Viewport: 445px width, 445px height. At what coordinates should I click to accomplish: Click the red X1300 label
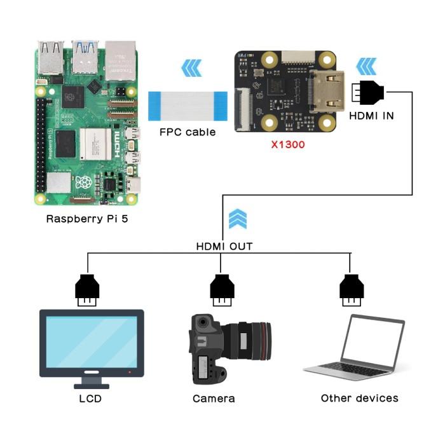[288, 144]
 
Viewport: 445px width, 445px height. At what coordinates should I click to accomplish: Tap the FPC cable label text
[188, 132]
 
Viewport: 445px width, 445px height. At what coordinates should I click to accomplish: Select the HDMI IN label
[371, 116]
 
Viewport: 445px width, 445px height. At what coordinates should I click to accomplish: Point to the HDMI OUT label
[224, 247]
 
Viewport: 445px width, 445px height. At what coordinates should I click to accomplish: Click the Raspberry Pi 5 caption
[87, 219]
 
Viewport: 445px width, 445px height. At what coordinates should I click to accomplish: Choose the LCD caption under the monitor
[90, 399]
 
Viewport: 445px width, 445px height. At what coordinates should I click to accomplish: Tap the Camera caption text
[214, 399]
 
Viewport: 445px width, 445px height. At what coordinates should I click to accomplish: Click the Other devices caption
[360, 398]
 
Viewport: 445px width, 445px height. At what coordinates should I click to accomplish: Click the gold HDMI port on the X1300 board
[327, 92]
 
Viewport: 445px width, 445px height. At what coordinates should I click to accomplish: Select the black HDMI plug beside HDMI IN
[368, 92]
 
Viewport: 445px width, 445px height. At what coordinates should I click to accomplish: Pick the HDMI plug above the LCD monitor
[87, 290]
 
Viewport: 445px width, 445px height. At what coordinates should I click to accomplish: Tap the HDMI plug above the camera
[222, 290]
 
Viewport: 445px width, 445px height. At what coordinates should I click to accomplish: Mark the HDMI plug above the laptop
[352, 290]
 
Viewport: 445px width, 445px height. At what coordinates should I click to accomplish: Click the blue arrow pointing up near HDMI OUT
[238, 219]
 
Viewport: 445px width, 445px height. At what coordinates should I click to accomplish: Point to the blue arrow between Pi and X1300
[191, 68]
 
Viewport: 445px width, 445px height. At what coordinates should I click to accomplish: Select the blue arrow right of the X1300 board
[366, 67]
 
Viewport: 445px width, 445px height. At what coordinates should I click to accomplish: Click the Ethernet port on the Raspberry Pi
[120, 60]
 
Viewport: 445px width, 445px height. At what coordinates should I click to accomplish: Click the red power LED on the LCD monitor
[130, 372]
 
